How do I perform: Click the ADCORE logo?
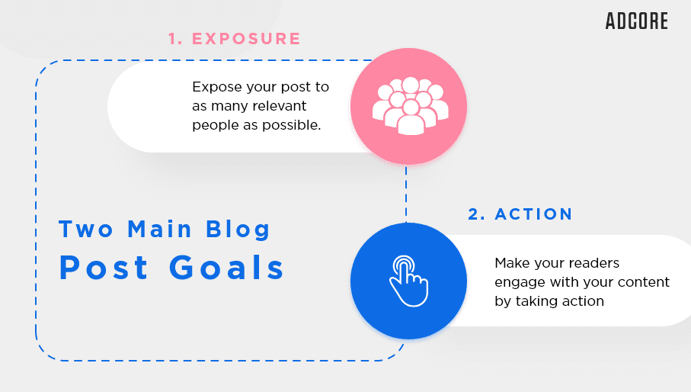[x=637, y=21]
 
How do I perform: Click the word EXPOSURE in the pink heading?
[x=246, y=39]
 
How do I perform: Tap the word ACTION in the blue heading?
[x=533, y=214]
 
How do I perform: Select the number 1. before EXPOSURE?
[x=175, y=39]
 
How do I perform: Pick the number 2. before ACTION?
[x=476, y=214]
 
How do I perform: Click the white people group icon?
[x=411, y=106]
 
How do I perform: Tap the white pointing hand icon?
[x=408, y=281]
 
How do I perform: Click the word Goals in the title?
[x=227, y=268]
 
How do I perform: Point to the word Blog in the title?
[x=238, y=230]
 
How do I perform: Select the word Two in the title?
[x=86, y=230]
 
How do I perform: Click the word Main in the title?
[x=159, y=230]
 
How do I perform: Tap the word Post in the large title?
[x=104, y=268]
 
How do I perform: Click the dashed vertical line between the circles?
[x=406, y=194]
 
